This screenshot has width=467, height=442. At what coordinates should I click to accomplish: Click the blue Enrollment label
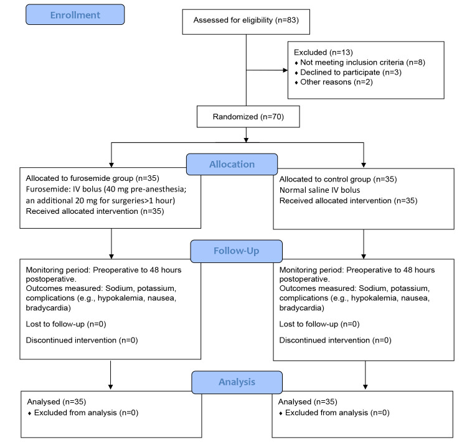point(75,14)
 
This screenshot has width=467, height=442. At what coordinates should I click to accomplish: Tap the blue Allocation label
point(232,164)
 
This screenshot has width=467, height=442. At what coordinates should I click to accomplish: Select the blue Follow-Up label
point(236,251)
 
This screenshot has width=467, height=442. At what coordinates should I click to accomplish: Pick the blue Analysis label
point(237,382)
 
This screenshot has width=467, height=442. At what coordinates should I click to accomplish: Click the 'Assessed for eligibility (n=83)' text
point(246,21)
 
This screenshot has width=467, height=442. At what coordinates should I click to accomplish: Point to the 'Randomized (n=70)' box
point(248,117)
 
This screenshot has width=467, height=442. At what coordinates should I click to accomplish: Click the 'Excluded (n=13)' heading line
point(323,53)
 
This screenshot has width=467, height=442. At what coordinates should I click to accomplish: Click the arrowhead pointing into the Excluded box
point(285,70)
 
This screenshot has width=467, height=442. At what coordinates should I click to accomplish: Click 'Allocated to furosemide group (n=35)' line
point(92,178)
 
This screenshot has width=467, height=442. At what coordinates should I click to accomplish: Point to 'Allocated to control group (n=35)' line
point(338,180)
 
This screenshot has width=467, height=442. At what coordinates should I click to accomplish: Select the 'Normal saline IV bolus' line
point(319,190)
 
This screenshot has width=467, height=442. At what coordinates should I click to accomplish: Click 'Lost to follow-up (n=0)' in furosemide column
point(66,325)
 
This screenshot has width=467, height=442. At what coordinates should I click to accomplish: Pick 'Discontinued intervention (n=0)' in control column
point(335,340)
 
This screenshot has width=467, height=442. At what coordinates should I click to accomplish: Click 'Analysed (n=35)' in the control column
point(308,402)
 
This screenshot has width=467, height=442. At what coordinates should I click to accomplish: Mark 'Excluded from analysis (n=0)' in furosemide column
point(86,413)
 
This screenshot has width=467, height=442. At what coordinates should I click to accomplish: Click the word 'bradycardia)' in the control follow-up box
point(302,308)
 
